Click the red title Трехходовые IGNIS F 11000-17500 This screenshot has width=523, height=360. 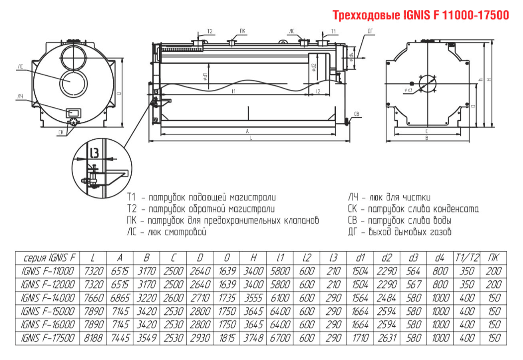pyautogui.click(x=421, y=15)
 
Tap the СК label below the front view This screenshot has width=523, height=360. pyautogui.click(x=60, y=132)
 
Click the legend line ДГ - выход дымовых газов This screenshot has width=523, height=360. pyautogui.click(x=400, y=231)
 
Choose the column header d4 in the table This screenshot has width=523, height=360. pyautogui.click(x=439, y=258)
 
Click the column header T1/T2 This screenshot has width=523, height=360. pyautogui.click(x=467, y=258)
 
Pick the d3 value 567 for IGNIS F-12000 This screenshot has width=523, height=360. pyautogui.click(x=413, y=284)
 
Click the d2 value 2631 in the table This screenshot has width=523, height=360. pyautogui.click(x=386, y=338)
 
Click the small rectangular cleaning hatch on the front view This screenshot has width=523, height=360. pyautogui.click(x=73, y=112)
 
